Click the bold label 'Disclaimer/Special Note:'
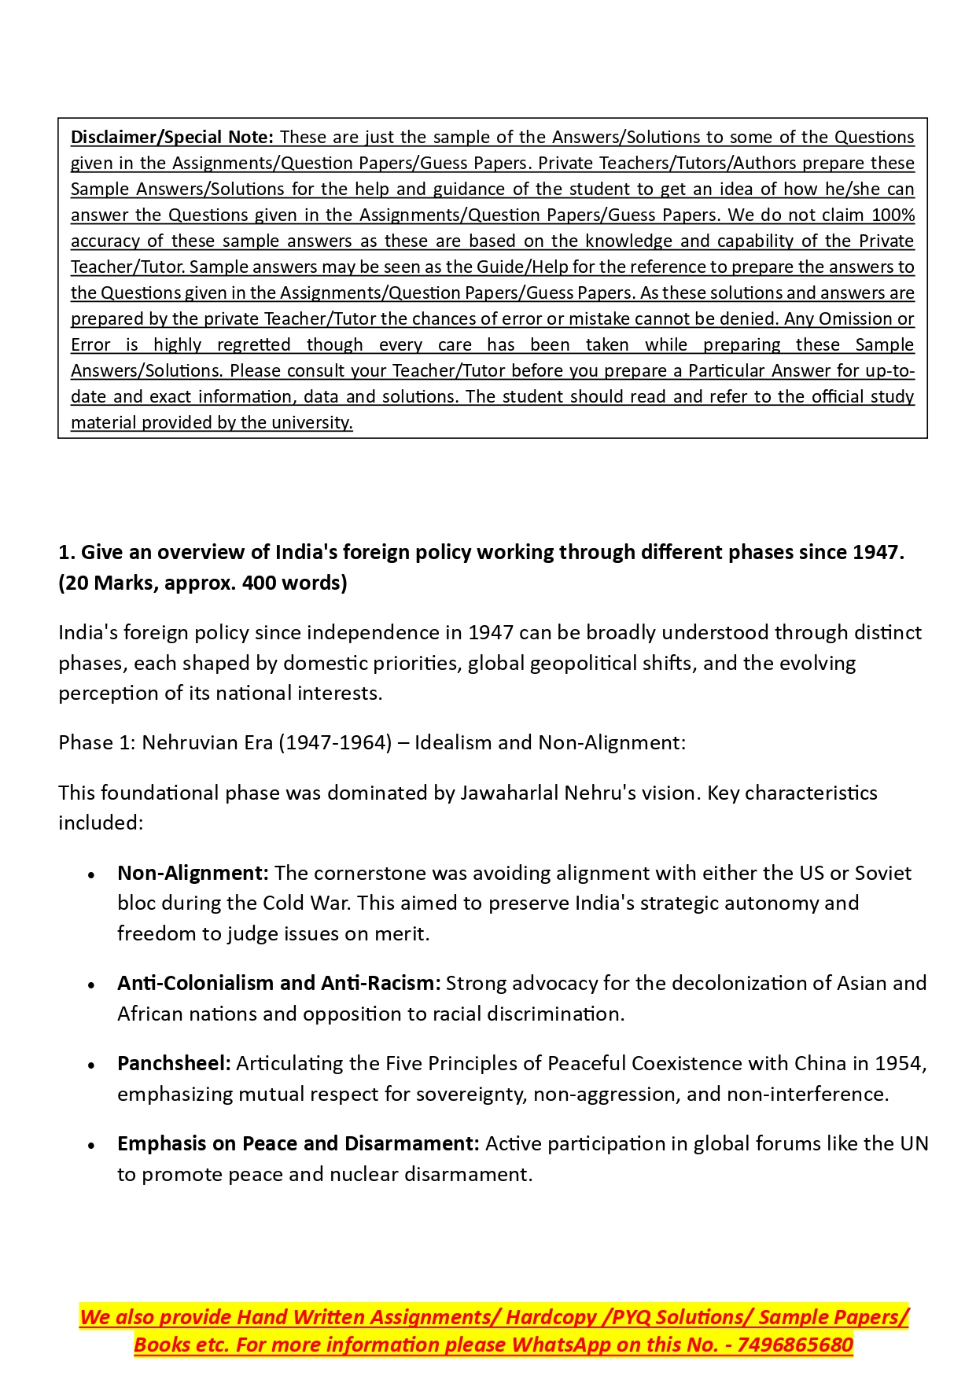[171, 137]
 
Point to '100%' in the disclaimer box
[894, 215]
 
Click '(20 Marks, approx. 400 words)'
[203, 583]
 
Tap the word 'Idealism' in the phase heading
[451, 742]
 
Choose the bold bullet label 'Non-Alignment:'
[193, 873]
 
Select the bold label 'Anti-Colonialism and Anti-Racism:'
[278, 983]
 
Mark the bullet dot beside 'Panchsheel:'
[92, 1065]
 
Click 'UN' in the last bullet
[915, 1143]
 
